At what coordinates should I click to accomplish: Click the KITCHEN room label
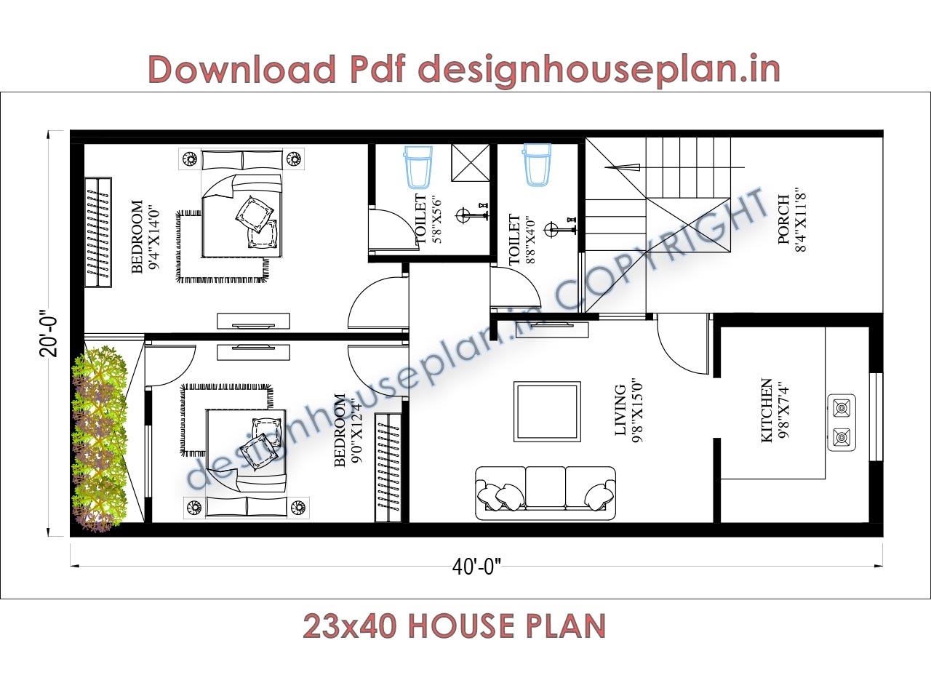coord(766,410)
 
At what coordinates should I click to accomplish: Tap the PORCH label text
coord(783,219)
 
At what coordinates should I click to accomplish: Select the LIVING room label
coord(620,410)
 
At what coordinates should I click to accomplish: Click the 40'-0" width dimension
coord(476,567)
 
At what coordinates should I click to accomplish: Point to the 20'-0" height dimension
coord(49,333)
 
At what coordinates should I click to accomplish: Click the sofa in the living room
coord(545,493)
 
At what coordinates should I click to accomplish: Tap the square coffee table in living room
coord(547,411)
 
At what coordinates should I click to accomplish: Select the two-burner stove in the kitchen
coord(842,423)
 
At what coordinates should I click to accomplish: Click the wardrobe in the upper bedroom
coord(98,231)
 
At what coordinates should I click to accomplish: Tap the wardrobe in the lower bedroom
coord(388,467)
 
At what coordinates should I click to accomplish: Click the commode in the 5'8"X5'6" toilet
coord(418,167)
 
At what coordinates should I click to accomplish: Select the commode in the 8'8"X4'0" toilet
coord(538,165)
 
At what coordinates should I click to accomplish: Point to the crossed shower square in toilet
coord(471,162)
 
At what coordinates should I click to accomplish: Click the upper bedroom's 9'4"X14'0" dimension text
coord(153,236)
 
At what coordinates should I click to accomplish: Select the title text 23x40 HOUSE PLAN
coord(454,626)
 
